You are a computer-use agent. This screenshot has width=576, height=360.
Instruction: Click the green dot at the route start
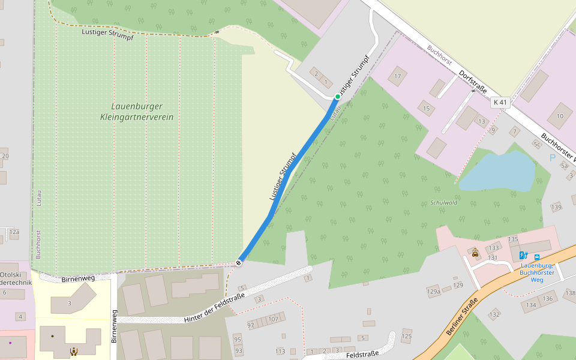[337, 97]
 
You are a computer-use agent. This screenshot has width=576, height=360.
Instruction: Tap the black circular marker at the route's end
[239, 262]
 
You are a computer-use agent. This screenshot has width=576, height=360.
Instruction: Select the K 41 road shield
[499, 103]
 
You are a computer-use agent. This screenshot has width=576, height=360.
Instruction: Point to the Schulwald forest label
[444, 203]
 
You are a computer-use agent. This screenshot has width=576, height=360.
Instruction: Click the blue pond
[498, 171]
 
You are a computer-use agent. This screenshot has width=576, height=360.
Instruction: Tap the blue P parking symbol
[552, 158]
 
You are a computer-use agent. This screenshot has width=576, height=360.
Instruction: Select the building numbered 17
[397, 76]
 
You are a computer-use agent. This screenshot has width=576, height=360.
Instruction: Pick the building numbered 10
[560, 116]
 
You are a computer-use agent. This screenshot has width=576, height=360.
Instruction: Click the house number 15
[427, 109]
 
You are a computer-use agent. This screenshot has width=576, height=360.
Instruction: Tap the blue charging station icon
[523, 256]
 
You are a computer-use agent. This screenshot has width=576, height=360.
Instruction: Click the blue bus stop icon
[536, 257]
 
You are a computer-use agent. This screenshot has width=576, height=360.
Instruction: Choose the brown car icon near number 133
[475, 253]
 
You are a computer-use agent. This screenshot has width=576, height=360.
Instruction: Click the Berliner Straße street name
[462, 316]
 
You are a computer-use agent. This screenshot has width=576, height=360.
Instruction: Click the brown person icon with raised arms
[74, 352]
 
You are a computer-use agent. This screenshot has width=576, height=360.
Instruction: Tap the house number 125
[407, 336]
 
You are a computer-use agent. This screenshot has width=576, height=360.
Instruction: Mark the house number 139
[556, 207]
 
